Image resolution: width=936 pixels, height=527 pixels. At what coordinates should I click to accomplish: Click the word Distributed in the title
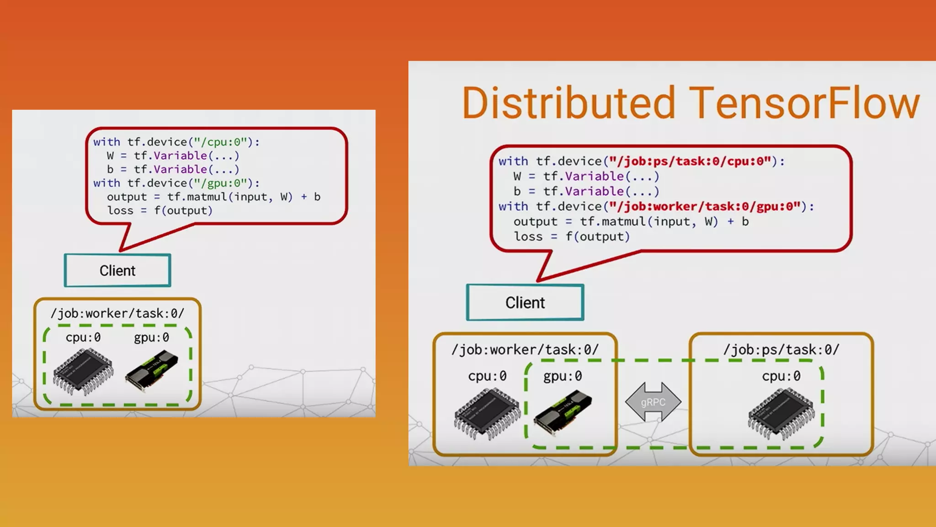568,103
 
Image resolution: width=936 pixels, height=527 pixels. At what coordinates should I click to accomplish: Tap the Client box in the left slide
117,270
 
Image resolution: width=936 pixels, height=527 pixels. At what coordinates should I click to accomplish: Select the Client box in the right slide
525,302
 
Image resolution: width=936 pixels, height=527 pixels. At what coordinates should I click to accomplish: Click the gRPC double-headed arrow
653,402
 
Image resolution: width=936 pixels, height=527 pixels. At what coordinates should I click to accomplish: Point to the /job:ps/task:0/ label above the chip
781,350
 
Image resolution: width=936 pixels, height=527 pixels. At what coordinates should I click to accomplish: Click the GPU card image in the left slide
152,371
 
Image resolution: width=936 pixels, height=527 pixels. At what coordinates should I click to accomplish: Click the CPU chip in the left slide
83,371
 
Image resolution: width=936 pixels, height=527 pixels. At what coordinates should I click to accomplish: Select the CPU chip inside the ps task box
781,413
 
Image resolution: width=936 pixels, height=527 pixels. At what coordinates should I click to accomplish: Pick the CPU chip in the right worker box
487,413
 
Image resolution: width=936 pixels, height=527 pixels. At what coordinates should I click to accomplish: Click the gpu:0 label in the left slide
151,338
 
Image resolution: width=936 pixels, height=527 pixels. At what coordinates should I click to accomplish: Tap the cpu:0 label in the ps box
781,376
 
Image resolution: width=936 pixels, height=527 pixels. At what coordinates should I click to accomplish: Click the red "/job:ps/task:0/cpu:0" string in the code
690,161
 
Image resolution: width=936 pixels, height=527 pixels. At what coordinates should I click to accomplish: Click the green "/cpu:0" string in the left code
221,142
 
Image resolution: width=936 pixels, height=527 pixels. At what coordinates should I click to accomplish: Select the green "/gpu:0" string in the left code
221,183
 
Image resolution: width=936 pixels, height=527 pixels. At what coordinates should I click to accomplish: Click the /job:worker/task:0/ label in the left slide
117,313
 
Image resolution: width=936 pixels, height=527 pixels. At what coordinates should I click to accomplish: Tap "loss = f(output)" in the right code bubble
572,237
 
